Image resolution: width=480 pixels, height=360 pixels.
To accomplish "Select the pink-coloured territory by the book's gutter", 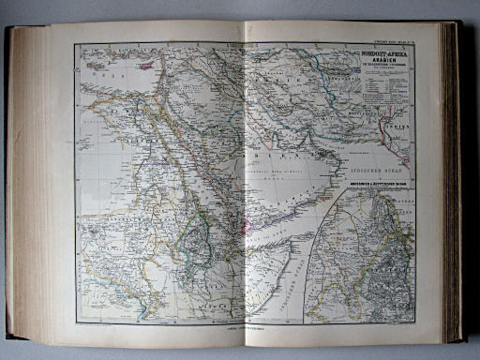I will pos(248,226).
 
